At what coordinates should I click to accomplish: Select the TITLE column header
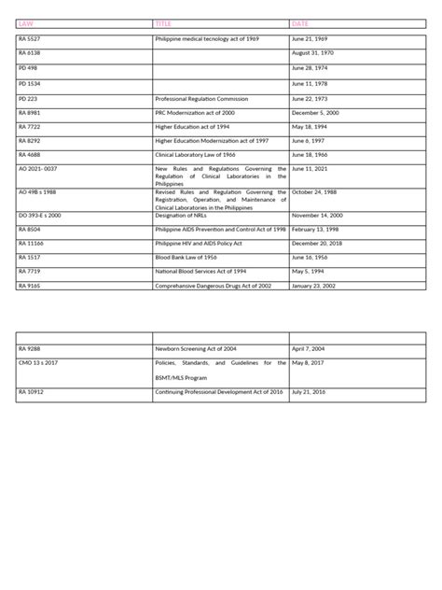pyautogui.click(x=164, y=23)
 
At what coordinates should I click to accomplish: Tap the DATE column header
pyautogui.click(x=300, y=23)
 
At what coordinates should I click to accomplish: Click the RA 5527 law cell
pyautogui.click(x=30, y=39)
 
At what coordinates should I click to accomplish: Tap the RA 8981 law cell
pyautogui.click(x=30, y=111)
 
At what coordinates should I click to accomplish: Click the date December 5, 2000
pyautogui.click(x=317, y=111)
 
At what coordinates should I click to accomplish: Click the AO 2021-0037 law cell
pyautogui.click(x=38, y=168)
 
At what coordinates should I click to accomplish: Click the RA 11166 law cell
pyautogui.click(x=32, y=241)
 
